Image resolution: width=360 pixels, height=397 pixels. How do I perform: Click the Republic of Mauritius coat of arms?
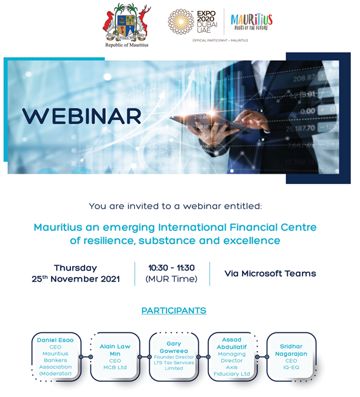click(126, 23)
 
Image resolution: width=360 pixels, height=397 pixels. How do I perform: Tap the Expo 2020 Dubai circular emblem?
click(181, 21)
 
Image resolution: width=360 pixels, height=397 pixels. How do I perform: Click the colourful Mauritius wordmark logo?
click(252, 22)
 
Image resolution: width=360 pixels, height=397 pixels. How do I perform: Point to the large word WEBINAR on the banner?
click(81, 116)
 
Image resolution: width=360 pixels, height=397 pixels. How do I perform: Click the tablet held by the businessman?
click(210, 123)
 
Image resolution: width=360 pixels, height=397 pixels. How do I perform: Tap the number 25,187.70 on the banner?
click(301, 128)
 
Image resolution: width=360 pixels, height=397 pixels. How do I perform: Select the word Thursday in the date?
click(75, 268)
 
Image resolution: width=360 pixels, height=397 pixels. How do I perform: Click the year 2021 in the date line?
click(110, 279)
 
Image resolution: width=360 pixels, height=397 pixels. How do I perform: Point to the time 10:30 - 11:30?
click(172, 268)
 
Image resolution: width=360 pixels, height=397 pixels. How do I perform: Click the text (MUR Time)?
click(171, 279)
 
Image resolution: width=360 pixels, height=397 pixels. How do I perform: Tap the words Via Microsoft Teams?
click(270, 274)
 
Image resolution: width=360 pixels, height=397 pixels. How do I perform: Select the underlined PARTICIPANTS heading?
click(174, 310)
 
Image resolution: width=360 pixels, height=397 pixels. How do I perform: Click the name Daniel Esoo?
click(55, 340)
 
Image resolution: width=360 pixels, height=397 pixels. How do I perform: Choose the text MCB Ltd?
click(115, 367)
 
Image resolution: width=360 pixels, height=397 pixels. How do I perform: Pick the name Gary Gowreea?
click(174, 347)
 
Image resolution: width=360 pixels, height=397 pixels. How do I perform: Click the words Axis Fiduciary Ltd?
click(232, 371)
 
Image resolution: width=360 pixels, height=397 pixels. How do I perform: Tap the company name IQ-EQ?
click(291, 367)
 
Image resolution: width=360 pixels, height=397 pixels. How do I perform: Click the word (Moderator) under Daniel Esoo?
click(55, 374)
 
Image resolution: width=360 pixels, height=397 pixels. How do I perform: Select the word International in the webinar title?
click(192, 227)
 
